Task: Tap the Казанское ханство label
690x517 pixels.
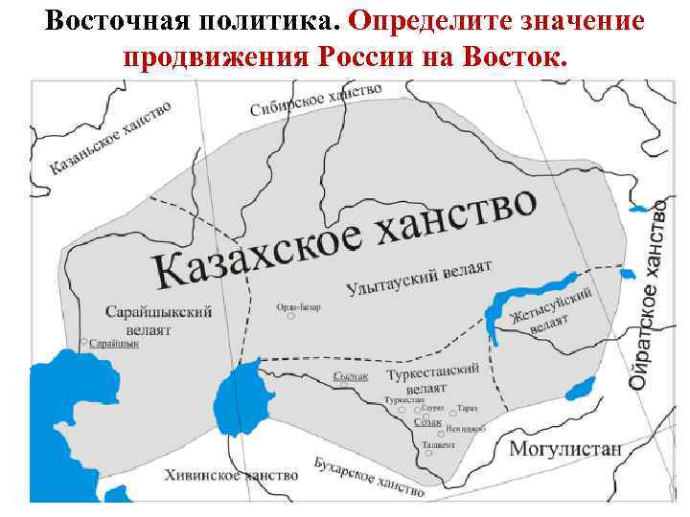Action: [109, 138]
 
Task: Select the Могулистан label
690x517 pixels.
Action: [564, 448]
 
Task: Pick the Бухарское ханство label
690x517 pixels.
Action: [368, 476]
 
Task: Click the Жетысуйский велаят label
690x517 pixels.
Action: [551, 308]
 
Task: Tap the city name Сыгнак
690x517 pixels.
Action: [351, 377]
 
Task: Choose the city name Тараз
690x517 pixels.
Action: [468, 408]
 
